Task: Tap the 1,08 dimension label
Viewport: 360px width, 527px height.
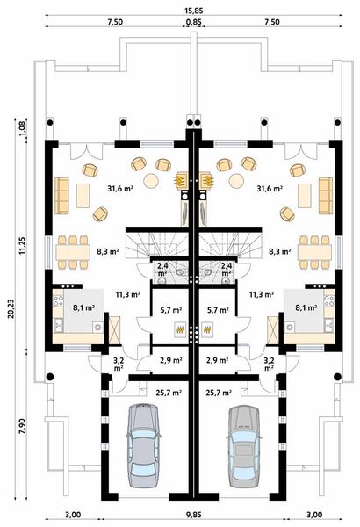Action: click(x=20, y=131)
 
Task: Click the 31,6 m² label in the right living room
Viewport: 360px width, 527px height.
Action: click(x=269, y=188)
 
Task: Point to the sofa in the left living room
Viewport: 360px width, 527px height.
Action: click(x=62, y=195)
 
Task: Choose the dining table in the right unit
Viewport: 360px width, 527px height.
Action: click(x=313, y=252)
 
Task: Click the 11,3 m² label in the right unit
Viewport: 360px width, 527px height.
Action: click(x=261, y=295)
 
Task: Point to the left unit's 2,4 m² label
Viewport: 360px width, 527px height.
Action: click(x=162, y=267)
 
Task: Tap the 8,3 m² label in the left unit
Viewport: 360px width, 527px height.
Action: click(x=108, y=251)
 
